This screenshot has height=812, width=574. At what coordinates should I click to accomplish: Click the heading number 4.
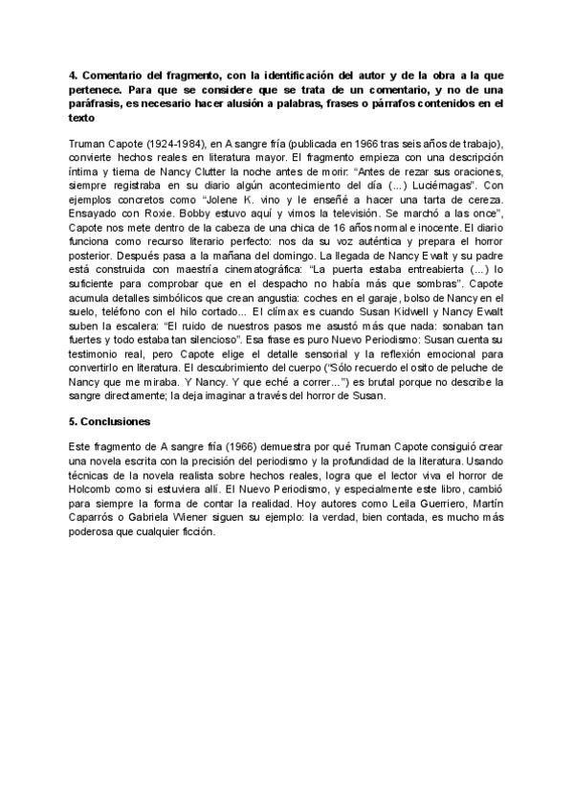(74, 74)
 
